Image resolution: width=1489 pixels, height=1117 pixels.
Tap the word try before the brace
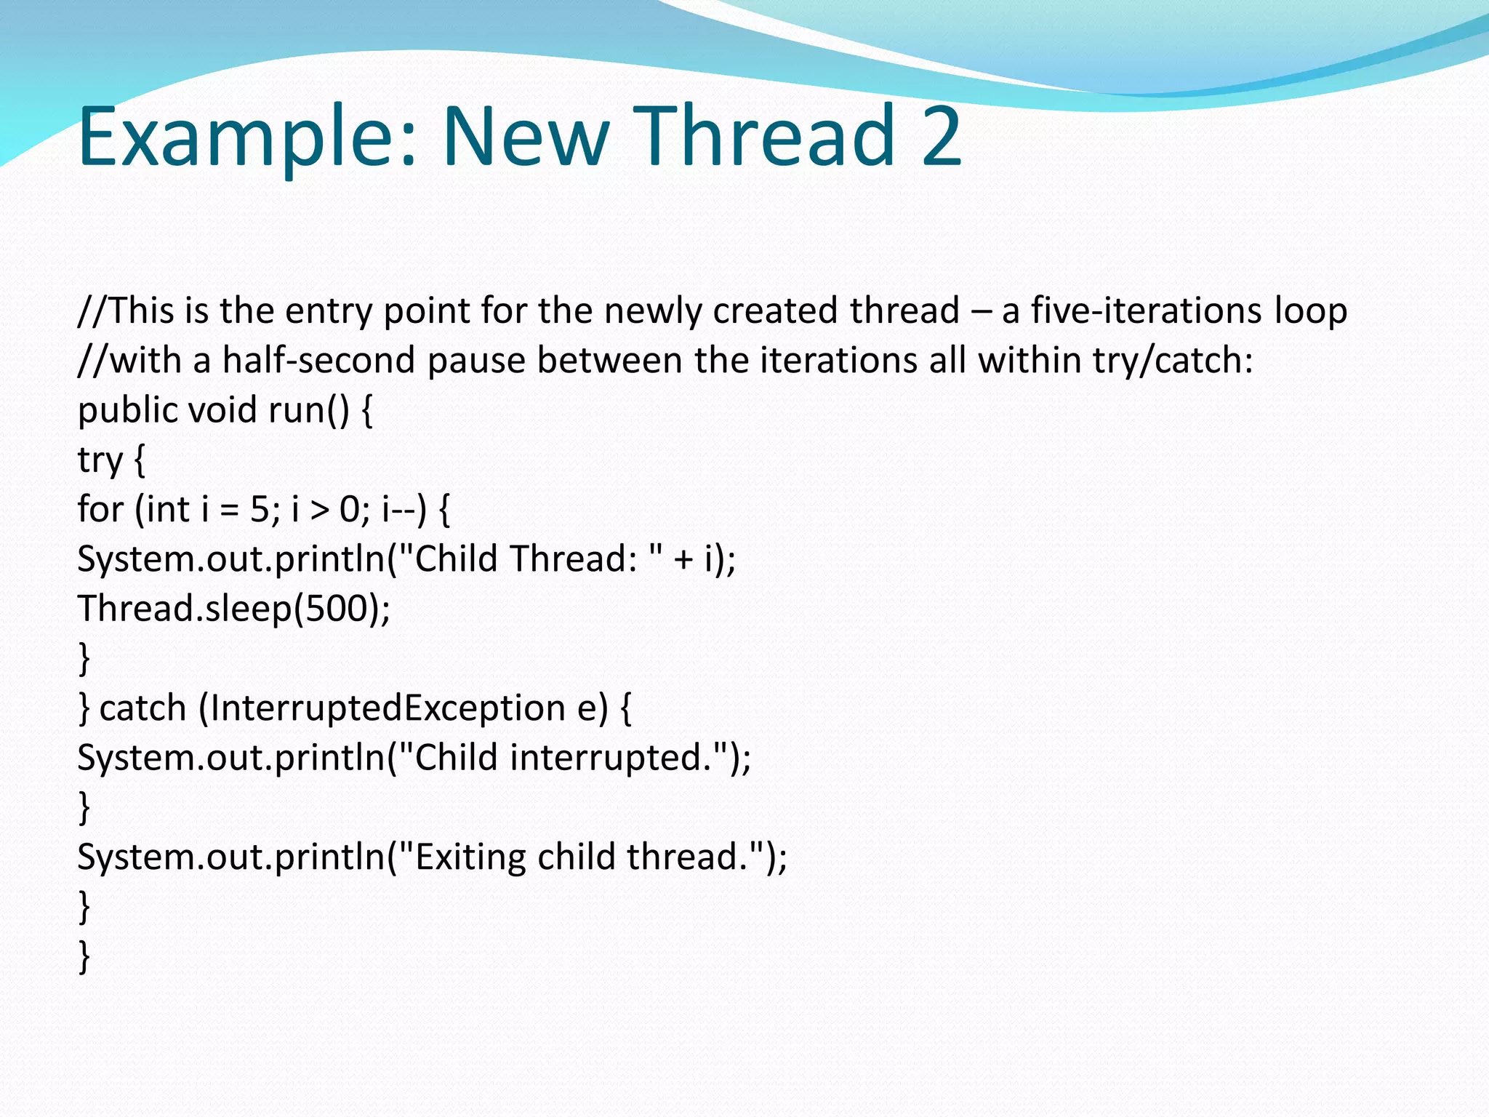[x=100, y=461]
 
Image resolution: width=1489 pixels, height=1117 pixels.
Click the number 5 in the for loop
[x=260, y=509]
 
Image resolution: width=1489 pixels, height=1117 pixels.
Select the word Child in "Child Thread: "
[x=456, y=558]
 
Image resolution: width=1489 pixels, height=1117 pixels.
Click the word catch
[x=143, y=708]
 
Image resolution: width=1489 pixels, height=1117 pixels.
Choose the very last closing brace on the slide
[x=84, y=956]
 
